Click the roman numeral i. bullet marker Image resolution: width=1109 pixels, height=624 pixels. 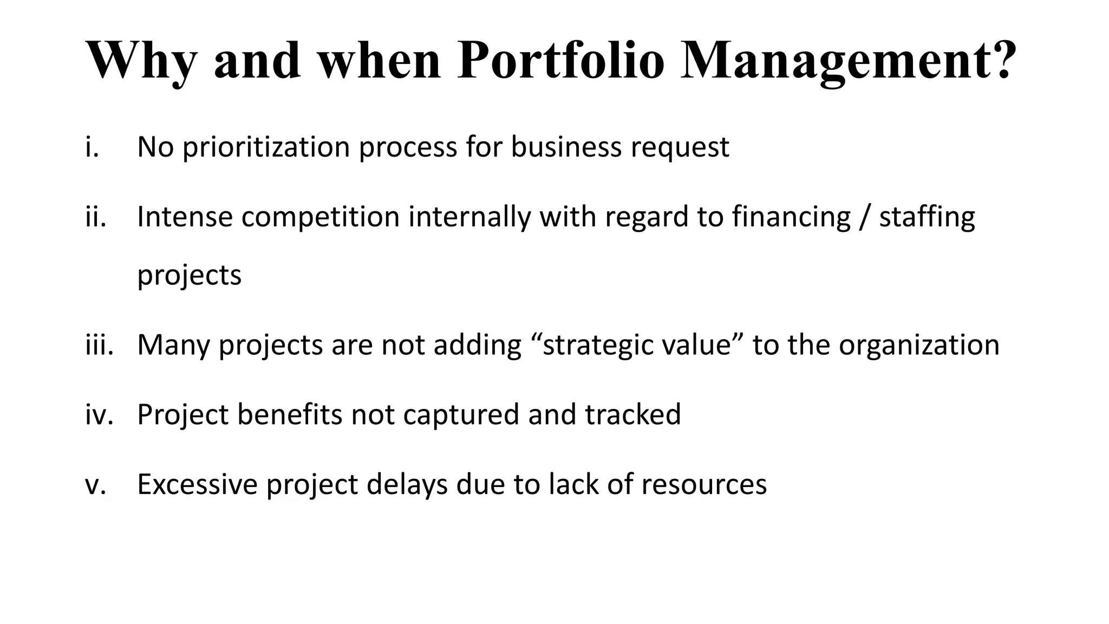coord(92,147)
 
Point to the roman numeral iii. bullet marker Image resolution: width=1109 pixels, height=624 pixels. coord(99,344)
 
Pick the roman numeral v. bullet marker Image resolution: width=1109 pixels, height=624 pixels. coord(95,484)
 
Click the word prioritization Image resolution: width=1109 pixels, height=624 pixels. coord(266,147)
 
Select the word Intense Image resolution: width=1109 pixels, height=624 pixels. coord(185,217)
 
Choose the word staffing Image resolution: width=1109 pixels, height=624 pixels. coord(927,217)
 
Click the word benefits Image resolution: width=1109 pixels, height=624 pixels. coord(290,414)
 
